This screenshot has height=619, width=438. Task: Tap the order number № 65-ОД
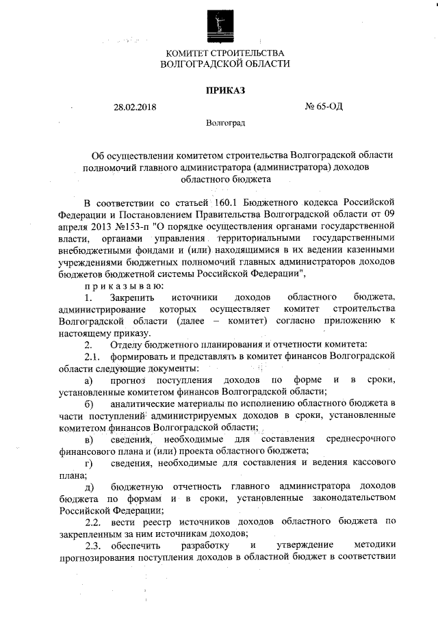pos(323,107)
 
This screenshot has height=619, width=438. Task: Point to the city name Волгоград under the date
pos(225,124)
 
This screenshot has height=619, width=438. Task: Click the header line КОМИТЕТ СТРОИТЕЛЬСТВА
pos(224,53)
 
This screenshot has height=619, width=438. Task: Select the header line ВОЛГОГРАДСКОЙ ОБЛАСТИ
pos(224,64)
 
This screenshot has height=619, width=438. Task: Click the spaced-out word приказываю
pos(123,285)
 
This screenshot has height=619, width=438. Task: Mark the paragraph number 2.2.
pos(92,522)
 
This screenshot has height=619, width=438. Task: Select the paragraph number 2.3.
pos(92,545)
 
